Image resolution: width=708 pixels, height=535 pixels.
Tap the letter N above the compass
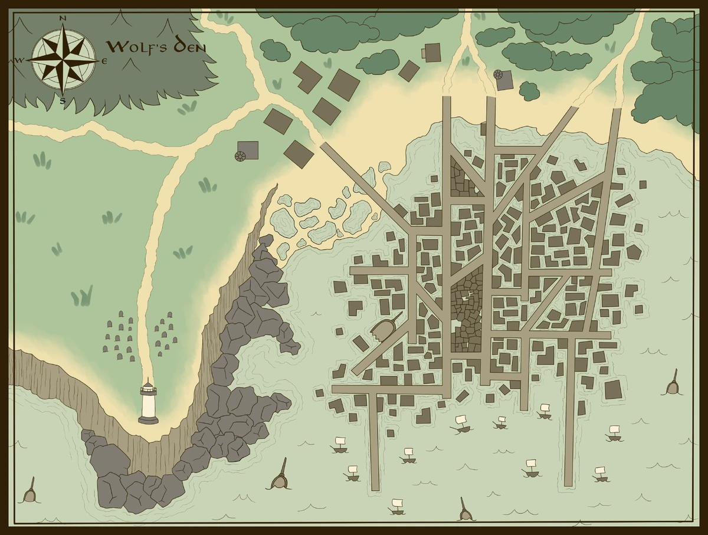click(63, 18)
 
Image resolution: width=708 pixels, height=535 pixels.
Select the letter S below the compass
click(63, 100)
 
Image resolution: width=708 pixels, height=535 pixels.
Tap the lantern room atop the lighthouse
click(148, 389)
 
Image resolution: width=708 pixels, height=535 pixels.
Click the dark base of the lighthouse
click(148, 420)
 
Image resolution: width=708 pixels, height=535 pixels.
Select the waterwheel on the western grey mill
click(240, 156)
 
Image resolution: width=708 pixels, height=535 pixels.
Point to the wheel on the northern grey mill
click(498, 75)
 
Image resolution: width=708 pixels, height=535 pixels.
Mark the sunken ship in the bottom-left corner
click(30, 493)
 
